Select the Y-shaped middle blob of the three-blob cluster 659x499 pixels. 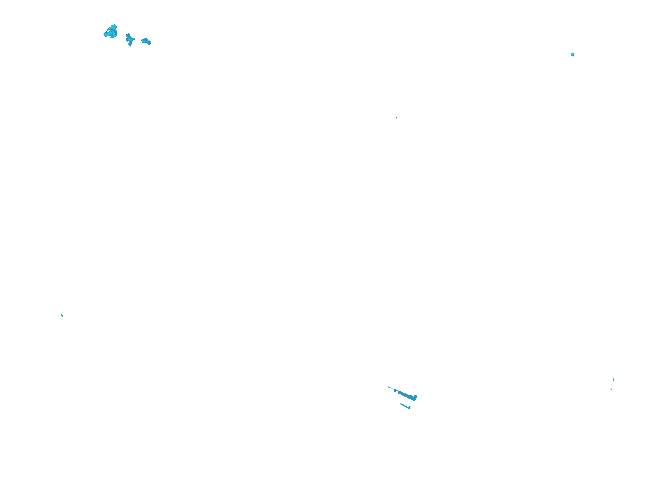tap(129, 39)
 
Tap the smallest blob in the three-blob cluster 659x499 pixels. tap(146, 41)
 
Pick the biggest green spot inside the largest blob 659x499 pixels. tap(113, 35)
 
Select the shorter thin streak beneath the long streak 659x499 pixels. tap(405, 406)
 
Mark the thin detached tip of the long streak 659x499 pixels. tap(390, 387)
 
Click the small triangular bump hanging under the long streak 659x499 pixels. tap(396, 391)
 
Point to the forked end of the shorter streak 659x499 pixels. tap(409, 408)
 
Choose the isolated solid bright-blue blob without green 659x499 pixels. tap(572, 54)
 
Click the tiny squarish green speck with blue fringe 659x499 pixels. tap(397, 118)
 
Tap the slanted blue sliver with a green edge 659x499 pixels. tap(62, 315)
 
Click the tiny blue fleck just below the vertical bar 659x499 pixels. tap(611, 389)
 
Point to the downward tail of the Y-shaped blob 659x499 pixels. tap(130, 44)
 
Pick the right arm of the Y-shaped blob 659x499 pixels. tap(133, 39)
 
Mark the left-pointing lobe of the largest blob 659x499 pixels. tap(106, 34)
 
